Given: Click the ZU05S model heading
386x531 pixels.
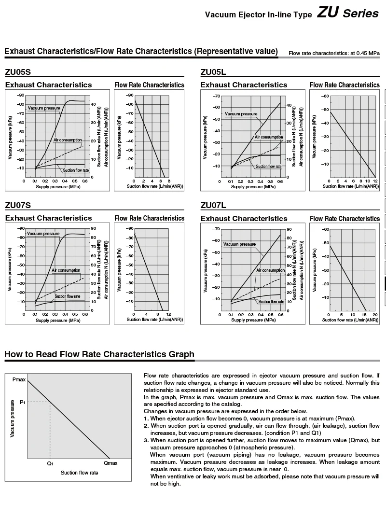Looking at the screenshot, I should pyautogui.click(x=18, y=72).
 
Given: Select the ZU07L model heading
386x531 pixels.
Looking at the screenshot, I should pyautogui.click(x=213, y=206).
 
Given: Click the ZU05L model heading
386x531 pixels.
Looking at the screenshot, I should pyautogui.click(x=213, y=72).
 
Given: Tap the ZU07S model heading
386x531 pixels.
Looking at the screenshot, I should pyautogui.click(x=18, y=206).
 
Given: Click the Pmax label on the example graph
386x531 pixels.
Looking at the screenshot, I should pyautogui.click(x=19, y=380).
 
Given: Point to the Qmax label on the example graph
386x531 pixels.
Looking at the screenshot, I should pyautogui.click(x=110, y=463).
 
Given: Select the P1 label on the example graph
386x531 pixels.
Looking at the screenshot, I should pyautogui.click(x=22, y=402).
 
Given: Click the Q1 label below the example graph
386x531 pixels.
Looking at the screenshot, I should pyautogui.click(x=50, y=463).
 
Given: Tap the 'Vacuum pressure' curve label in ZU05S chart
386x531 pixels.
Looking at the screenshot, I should pyautogui.click(x=44, y=108).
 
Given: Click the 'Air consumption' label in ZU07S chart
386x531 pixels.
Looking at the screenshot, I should pyautogui.click(x=66, y=270).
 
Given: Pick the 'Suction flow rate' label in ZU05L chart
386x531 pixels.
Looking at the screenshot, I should pyautogui.click(x=269, y=166).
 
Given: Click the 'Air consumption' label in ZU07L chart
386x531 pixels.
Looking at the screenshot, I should pyautogui.click(x=270, y=270).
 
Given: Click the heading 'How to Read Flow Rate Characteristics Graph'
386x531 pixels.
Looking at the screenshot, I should pyautogui.click(x=99, y=355).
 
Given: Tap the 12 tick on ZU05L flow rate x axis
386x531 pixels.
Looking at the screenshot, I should pyautogui.click(x=375, y=181).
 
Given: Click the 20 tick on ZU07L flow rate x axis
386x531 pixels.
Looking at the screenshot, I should pyautogui.click(x=375, y=315).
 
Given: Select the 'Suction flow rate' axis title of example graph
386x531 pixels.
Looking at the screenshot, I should pyautogui.click(x=79, y=473).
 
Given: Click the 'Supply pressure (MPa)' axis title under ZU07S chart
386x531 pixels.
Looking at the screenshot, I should pyautogui.click(x=58, y=320).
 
